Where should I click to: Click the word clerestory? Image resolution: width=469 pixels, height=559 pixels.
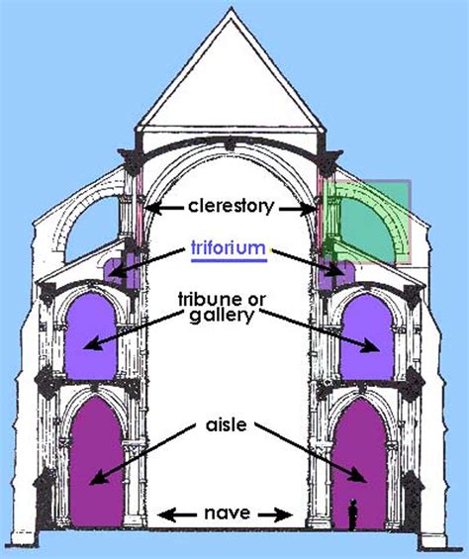pos(230,208)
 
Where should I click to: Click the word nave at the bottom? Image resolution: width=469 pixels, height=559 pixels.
pos(229,513)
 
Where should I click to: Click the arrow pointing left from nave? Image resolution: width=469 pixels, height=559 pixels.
pos(174,513)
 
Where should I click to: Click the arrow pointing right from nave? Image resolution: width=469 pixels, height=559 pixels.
pos(283,513)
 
